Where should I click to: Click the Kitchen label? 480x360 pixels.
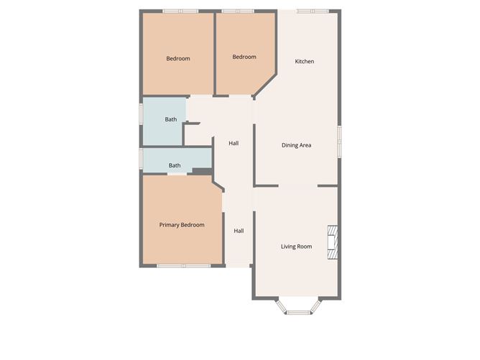point(304,61)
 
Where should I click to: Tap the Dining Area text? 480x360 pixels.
point(296,145)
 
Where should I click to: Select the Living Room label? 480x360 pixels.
point(296,246)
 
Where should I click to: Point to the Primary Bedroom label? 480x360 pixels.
point(181,225)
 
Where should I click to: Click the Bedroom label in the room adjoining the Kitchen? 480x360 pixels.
point(244,57)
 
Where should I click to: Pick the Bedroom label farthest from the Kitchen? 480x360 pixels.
point(178,58)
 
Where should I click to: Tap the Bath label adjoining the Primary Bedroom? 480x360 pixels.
point(175,165)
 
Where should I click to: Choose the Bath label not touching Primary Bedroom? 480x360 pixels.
point(170,119)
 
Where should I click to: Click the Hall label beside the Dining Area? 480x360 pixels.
point(234,143)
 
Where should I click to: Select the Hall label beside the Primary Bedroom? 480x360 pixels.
point(239,231)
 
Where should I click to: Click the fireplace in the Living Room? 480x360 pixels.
point(333,242)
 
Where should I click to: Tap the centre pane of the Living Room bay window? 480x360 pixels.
point(296,311)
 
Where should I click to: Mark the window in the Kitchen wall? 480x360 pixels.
point(313,11)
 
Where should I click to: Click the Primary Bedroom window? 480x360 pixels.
point(183,266)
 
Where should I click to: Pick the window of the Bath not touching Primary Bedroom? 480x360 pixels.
point(142,115)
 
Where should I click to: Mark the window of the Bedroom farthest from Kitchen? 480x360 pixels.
point(180,11)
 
